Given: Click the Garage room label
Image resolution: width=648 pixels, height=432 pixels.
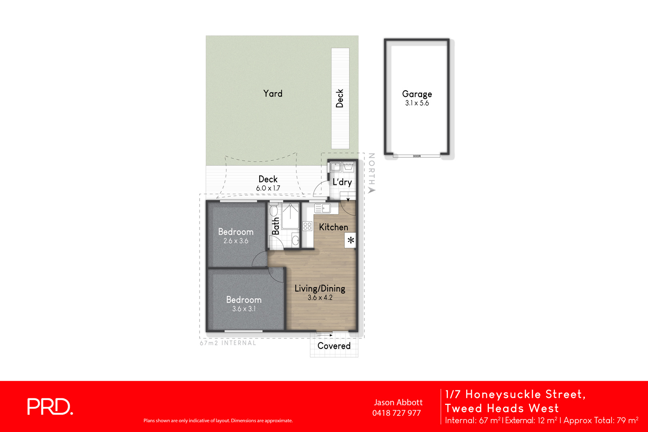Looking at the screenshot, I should pyautogui.click(x=417, y=94).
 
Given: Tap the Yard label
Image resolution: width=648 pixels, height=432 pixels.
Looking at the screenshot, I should pyautogui.click(x=273, y=93).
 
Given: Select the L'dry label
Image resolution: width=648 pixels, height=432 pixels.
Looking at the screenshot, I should pyautogui.click(x=342, y=182).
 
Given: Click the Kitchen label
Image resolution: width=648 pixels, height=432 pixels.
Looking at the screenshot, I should pyautogui.click(x=333, y=227).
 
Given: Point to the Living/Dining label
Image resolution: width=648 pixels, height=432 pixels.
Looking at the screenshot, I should pyautogui.click(x=320, y=288).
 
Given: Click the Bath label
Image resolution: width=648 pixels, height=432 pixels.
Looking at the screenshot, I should pyautogui.click(x=276, y=226).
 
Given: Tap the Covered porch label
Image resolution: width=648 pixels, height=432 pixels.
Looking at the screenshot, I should pyautogui.click(x=334, y=346).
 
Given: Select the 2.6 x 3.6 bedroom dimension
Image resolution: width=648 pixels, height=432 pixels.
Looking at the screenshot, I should pyautogui.click(x=236, y=241).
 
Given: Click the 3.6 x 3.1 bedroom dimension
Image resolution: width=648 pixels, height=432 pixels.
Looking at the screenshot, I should pyautogui.click(x=244, y=309).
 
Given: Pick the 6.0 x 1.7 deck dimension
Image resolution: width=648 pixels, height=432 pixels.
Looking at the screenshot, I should pyautogui.click(x=268, y=188).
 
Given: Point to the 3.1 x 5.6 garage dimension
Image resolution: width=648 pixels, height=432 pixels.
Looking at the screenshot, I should pyautogui.click(x=417, y=103).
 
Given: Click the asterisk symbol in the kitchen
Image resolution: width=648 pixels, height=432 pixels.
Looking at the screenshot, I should pyautogui.click(x=350, y=240).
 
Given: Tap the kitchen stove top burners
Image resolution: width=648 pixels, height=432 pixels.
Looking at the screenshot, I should pyautogui.click(x=307, y=226).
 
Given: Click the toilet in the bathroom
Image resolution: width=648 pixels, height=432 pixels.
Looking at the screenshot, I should pyautogui.click(x=274, y=210).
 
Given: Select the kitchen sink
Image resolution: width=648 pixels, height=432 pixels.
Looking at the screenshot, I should pyautogui.click(x=323, y=208).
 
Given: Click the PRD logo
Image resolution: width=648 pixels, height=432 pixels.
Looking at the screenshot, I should pyautogui.click(x=50, y=407).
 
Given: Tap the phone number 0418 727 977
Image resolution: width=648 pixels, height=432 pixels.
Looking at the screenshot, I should pyautogui.click(x=396, y=413).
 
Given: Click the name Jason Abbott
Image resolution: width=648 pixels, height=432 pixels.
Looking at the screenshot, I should pyautogui.click(x=398, y=402).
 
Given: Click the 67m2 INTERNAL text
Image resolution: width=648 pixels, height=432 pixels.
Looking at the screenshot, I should pyautogui.click(x=228, y=343).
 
